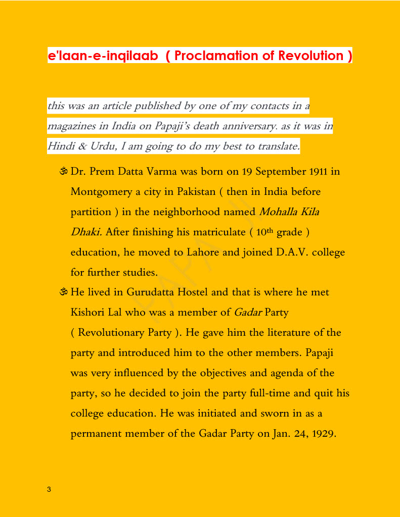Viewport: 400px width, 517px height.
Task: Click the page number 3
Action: pyautogui.click(x=49, y=489)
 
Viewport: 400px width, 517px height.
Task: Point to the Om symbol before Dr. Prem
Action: pyautogui.click(x=63, y=172)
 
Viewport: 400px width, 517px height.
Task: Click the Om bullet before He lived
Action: pyautogui.click(x=63, y=292)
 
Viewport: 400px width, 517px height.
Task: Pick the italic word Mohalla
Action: pyautogui.click(x=278, y=212)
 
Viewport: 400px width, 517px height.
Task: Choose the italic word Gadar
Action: pyautogui.click(x=248, y=313)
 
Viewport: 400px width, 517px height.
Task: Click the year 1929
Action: pyautogui.click(x=322, y=433)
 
